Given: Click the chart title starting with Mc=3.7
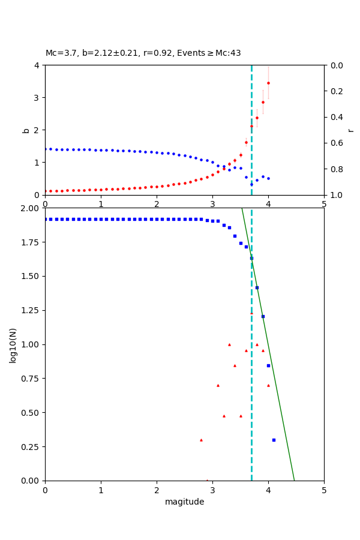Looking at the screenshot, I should tap(143, 53).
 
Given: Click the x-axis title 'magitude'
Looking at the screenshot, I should tap(184, 502).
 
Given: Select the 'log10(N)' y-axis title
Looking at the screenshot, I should tap(13, 345).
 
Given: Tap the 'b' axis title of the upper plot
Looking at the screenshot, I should tap(26, 130).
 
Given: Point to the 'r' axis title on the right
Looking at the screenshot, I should tap(350, 130).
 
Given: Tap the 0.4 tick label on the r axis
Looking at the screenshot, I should tap(337, 117).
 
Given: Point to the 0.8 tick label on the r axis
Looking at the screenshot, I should tap(337, 169).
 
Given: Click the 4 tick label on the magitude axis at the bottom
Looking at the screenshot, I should tap(268, 490).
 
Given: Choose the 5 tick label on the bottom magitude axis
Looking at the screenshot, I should tap(324, 490).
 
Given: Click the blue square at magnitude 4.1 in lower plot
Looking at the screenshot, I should tap(274, 440).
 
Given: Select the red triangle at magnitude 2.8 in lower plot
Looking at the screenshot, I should tap(201, 440).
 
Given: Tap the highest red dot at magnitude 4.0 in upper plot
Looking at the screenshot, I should tap(268, 83).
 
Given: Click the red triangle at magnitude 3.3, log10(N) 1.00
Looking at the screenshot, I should tap(229, 344).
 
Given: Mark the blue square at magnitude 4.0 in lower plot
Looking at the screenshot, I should tap(268, 365).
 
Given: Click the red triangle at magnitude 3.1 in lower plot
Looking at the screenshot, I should tap(218, 385).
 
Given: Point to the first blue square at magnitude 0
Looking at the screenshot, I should tap(46, 219).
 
